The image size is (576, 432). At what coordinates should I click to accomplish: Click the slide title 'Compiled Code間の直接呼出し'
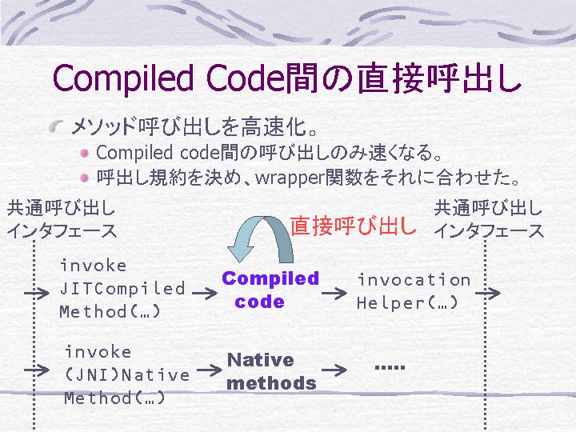[287, 78]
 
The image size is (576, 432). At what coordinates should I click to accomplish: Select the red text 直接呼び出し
[353, 225]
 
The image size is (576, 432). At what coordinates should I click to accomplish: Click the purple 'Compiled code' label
[270, 290]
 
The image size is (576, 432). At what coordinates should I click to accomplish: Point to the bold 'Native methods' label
[271, 371]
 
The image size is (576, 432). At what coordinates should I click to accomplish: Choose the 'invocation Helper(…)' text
[414, 292]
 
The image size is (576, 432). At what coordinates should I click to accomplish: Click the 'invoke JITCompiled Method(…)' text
[122, 288]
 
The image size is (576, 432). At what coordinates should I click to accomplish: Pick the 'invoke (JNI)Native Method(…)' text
[126, 375]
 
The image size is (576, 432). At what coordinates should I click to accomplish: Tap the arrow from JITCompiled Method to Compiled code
[205, 293]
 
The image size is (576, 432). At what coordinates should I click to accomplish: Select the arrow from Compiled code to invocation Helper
[334, 293]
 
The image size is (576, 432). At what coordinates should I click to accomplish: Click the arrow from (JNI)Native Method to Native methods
[210, 370]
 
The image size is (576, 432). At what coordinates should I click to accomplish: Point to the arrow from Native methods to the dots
[334, 370]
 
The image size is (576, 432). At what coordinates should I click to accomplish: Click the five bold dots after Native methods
[390, 367]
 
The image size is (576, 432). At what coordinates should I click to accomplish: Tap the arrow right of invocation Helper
[488, 293]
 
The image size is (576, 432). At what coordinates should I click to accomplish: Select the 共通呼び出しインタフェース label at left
[62, 220]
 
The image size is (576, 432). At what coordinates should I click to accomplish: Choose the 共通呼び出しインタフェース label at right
[489, 220]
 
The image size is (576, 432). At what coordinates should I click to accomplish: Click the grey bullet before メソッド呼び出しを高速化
[55, 126]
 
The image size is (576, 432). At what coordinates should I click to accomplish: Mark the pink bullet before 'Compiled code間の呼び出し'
[85, 153]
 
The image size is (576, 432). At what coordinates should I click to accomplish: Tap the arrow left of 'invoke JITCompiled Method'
[37, 293]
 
